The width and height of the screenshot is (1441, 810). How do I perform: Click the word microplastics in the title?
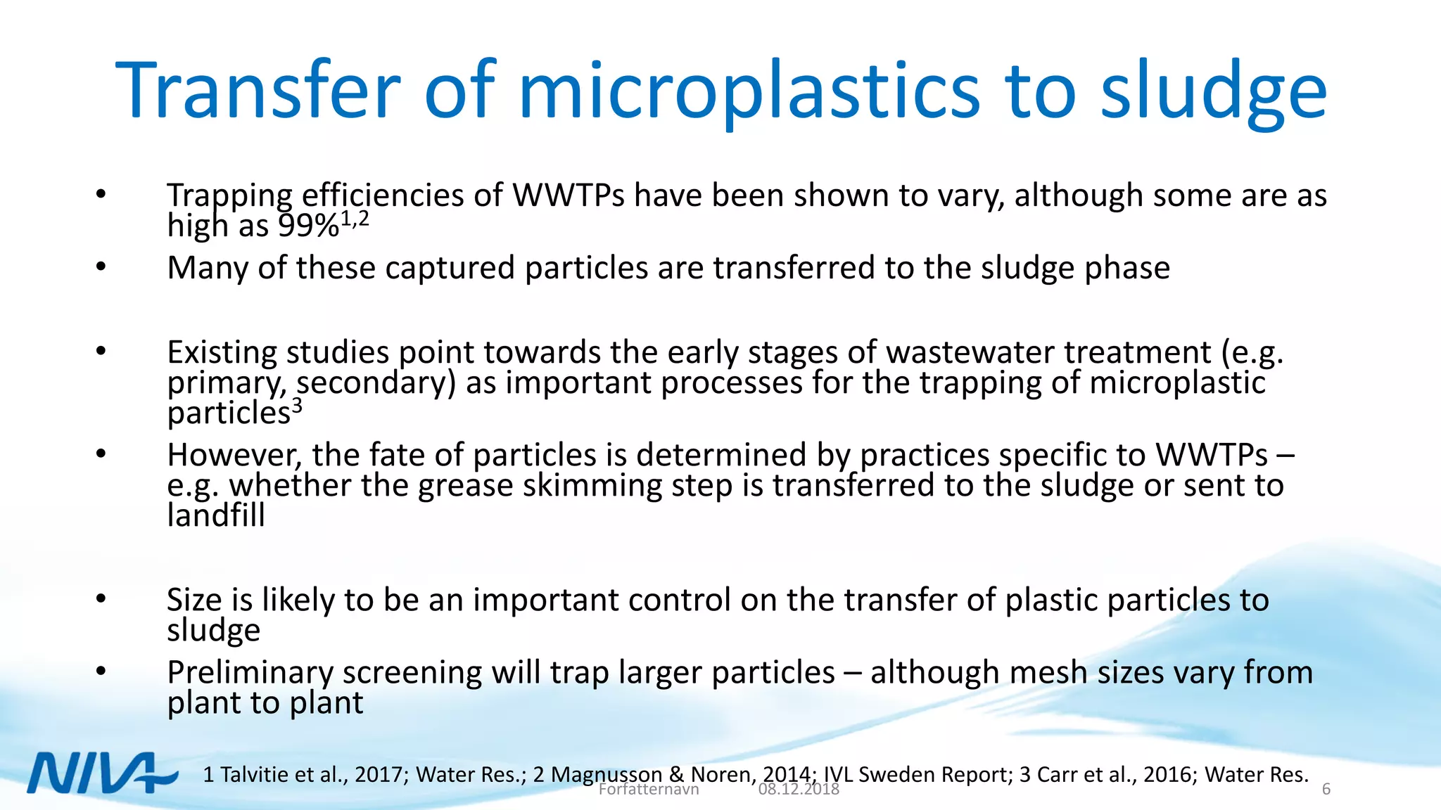[749, 91]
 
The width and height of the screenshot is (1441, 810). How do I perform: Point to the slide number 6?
[1326, 789]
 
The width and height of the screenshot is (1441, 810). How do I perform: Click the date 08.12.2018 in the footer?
[799, 790]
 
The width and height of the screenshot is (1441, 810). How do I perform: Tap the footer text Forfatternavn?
[648, 790]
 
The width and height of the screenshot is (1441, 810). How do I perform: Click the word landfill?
[215, 515]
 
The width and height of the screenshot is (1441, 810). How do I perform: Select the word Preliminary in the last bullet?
[250, 673]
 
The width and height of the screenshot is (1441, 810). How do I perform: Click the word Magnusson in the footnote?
[607, 774]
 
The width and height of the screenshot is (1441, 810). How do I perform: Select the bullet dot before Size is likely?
[101, 598]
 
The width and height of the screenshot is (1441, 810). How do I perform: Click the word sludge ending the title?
[1213, 91]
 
